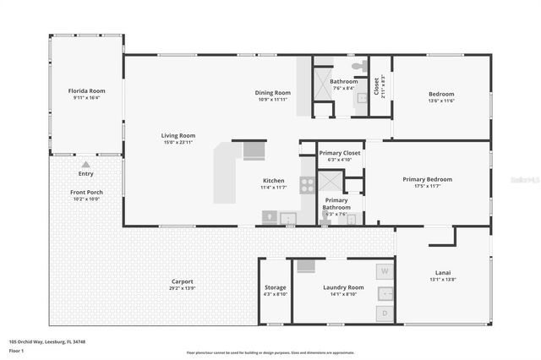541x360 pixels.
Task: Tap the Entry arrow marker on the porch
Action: [x=85, y=165]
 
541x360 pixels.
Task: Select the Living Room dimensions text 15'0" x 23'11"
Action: [x=178, y=142]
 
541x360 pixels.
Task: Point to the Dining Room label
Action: [x=273, y=92]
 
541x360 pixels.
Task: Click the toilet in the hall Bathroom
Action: [x=358, y=64]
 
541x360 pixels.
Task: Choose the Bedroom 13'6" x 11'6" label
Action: [x=441, y=94]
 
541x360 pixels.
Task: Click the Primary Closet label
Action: [x=340, y=153]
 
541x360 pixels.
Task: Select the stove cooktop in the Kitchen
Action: [x=307, y=185]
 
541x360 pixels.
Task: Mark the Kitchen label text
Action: [x=273, y=181]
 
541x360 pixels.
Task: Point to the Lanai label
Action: [x=443, y=272]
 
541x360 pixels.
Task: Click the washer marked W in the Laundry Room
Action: [x=385, y=271]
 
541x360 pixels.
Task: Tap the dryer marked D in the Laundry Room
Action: [x=385, y=314]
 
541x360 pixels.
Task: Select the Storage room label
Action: [x=275, y=288]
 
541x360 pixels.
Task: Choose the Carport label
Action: [x=182, y=281]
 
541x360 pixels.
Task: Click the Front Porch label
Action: [x=86, y=193]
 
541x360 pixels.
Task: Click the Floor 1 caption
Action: [x=16, y=350]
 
